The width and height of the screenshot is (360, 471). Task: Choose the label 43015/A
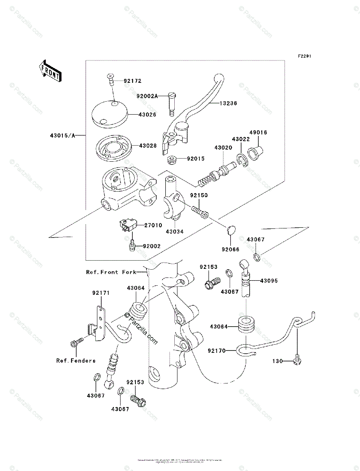pyautogui.click(x=62, y=136)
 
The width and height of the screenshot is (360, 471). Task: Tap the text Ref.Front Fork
pyautogui.click(x=111, y=272)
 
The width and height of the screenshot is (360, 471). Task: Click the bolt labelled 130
pyautogui.click(x=296, y=361)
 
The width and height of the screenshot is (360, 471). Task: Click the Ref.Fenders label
pyautogui.click(x=76, y=361)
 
